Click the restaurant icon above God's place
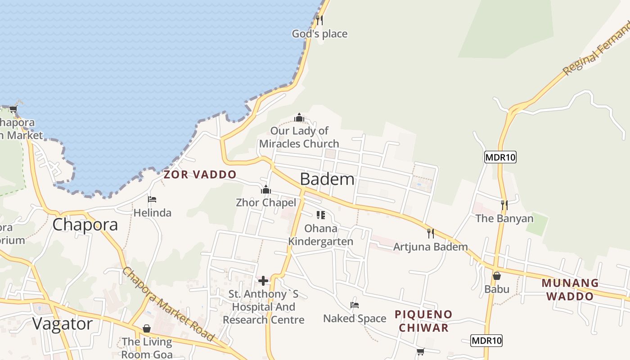coord(319,20)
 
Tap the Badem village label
coord(327,179)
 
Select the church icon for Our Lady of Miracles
coord(299,118)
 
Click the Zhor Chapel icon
coord(266,189)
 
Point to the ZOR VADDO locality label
coord(200,175)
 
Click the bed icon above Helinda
coord(152,199)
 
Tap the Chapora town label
coord(85,225)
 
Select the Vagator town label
coord(63,324)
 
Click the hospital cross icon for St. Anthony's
coord(263,281)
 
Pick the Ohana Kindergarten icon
coord(320,215)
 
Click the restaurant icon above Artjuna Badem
coord(431,233)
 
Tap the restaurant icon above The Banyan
coord(504,205)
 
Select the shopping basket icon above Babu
coord(497,276)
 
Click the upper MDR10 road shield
coord(500,157)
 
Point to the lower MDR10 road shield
coord(486,341)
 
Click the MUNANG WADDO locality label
coord(570,290)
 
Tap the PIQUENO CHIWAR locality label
coord(423,321)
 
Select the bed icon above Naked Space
coord(355,305)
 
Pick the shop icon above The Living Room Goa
coord(147,329)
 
